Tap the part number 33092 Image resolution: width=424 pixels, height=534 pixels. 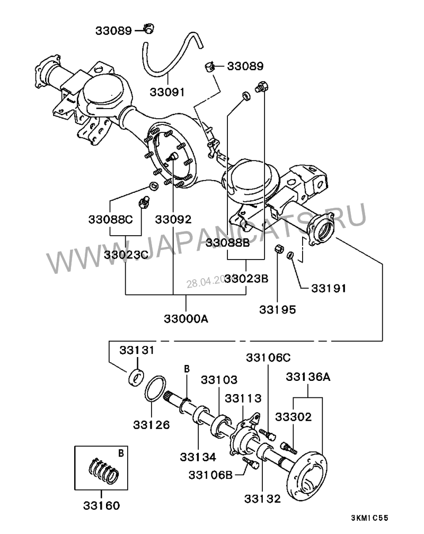click(173, 218)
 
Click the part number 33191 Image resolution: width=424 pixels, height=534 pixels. click(328, 289)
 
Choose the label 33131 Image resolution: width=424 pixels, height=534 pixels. click(137, 350)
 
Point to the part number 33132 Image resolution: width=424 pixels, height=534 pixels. click(262, 498)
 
